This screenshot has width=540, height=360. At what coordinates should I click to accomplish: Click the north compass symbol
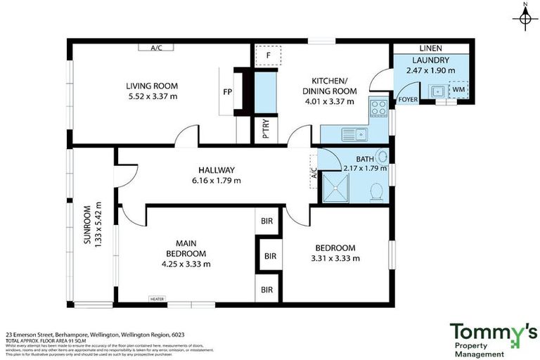[x=525, y=18]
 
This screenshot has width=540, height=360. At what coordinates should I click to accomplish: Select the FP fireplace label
[x=227, y=91]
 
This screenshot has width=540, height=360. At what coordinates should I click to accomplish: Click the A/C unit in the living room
[x=157, y=48]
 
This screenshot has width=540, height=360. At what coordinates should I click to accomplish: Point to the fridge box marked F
[x=267, y=56]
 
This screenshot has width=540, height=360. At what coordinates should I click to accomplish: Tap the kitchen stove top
[x=379, y=108]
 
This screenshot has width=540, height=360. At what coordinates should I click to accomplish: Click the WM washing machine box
[x=458, y=90]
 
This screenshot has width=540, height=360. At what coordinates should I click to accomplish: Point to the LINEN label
[x=430, y=49]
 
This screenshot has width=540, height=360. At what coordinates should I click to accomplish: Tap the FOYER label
[x=408, y=100]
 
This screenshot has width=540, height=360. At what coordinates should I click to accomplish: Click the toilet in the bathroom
[x=376, y=191]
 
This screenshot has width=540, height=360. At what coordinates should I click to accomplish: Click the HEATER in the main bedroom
[x=157, y=299]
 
